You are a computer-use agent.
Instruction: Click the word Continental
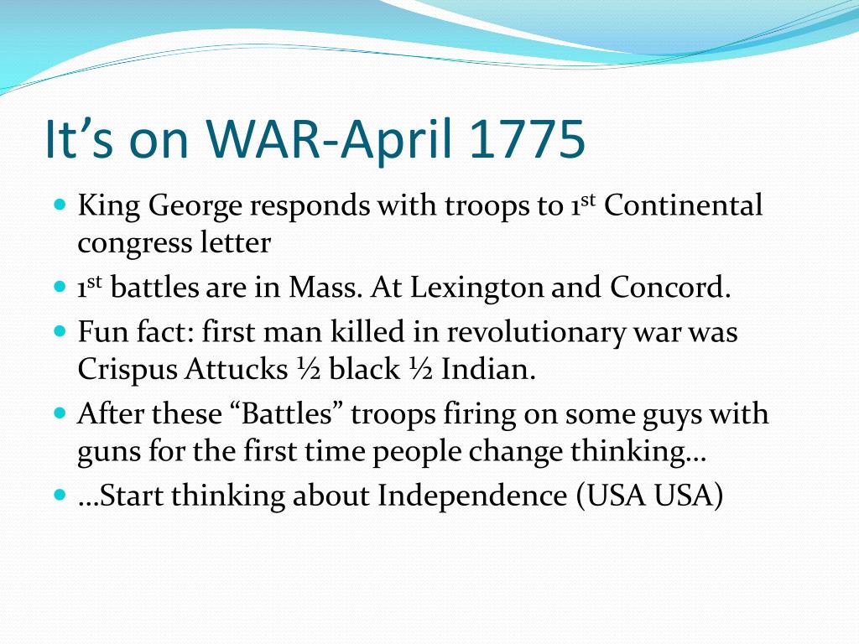pos(683,205)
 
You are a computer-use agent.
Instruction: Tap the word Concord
pos(670,287)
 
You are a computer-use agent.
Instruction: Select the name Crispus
pos(128,371)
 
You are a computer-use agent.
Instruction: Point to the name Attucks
pos(236,369)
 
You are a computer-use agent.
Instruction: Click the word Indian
pos(489,369)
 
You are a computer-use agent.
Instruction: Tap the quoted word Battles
pos(287,413)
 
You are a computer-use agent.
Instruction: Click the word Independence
pos(472,496)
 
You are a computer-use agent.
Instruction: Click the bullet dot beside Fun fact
pos(60,331)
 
